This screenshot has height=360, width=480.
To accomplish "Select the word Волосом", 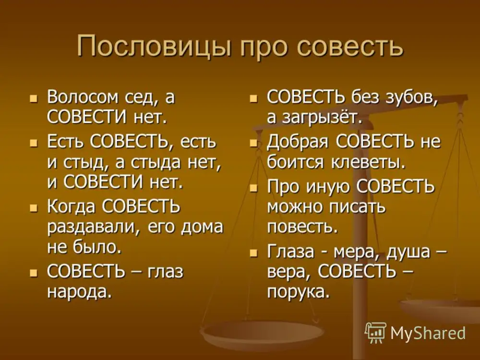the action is [x=83, y=97].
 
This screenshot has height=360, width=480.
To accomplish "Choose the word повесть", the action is [x=302, y=228].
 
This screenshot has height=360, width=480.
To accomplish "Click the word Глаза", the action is [x=291, y=252].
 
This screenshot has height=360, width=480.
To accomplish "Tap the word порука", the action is [x=299, y=292].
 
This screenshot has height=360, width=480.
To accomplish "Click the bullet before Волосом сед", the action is [x=34, y=99].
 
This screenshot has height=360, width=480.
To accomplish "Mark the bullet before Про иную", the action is [x=253, y=188].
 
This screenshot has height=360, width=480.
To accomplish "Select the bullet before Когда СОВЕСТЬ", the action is [x=34, y=209].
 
